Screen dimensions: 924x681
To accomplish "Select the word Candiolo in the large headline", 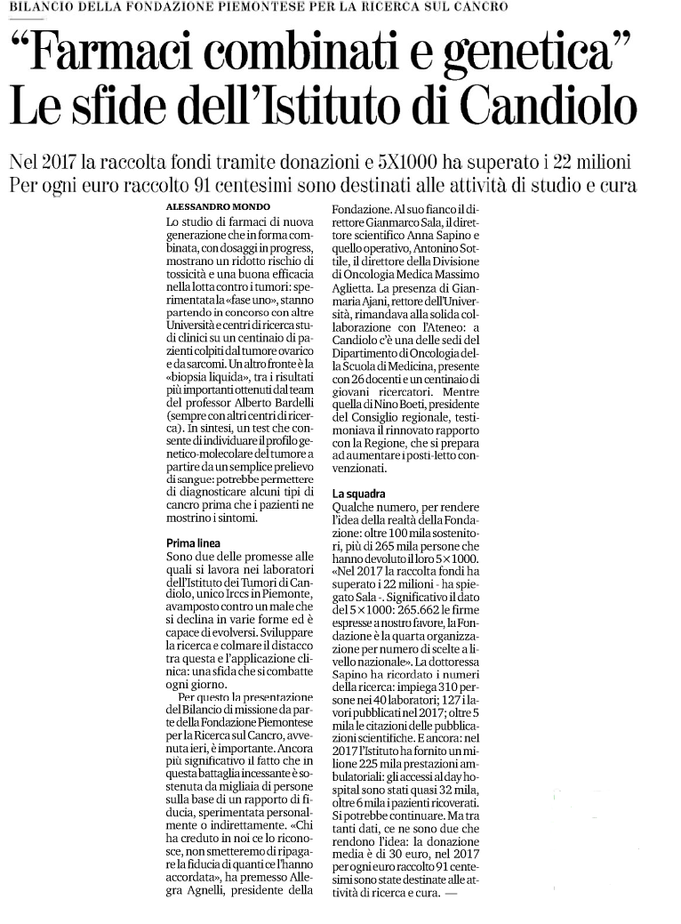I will tap(549, 108).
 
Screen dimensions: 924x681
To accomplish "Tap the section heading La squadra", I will tap(359, 493).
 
